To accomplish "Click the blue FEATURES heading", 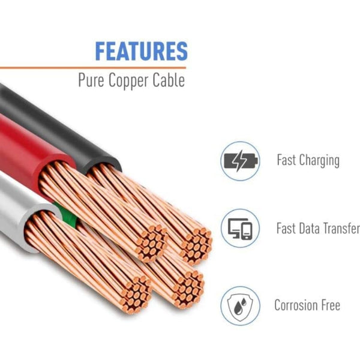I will click(141, 51).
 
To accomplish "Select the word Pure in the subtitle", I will click(91, 80).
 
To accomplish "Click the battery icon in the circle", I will click(240, 161).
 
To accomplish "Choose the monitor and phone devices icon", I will click(240, 229).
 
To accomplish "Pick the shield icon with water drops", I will click(240, 305).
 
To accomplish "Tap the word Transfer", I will click(342, 229).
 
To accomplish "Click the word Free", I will click(331, 305).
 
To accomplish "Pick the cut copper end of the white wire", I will click(136, 294).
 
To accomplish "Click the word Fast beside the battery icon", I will click(287, 161).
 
